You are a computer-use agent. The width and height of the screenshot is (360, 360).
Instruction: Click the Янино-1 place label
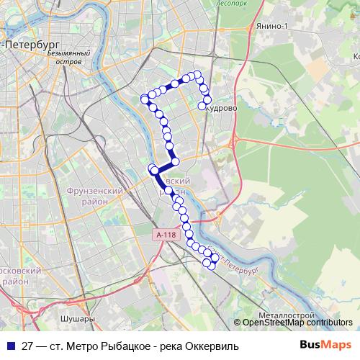click(x=268, y=27)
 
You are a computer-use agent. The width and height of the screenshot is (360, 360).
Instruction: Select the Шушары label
click(x=78, y=318)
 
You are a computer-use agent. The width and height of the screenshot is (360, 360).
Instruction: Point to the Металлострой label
click(x=286, y=315)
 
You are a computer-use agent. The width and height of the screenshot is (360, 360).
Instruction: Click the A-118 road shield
click(x=164, y=235)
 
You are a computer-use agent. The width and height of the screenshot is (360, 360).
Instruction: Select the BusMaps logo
click(x=325, y=344)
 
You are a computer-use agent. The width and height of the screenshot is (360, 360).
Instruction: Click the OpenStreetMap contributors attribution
click(x=297, y=323)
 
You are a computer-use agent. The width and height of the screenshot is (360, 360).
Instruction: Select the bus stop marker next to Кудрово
click(x=202, y=107)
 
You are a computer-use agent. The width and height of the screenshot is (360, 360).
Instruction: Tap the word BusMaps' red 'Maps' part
click(x=337, y=344)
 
